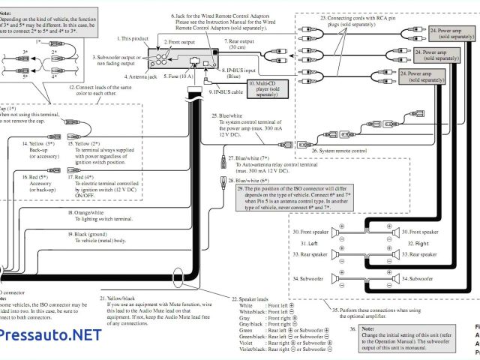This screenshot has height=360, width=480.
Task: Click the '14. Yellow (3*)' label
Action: pos(43,142)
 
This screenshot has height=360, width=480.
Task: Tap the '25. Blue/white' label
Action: pos(226,116)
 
